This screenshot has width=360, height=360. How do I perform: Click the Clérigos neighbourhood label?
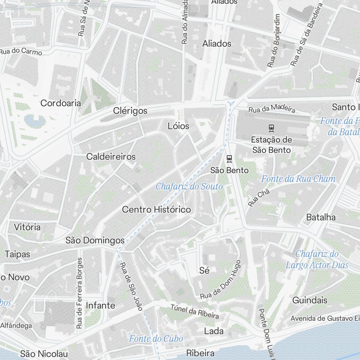point(130,111)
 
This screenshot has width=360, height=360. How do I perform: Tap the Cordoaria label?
point(60,103)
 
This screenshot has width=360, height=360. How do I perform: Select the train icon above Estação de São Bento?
point(271,128)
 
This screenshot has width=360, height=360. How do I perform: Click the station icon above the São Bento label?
point(229,158)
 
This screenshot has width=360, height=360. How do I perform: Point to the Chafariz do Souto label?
point(189,186)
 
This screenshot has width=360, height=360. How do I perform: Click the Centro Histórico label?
point(157,210)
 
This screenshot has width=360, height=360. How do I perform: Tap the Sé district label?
point(204,270)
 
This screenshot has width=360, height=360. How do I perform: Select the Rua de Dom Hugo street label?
point(220,280)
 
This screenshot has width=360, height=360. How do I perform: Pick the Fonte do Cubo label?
point(156,338)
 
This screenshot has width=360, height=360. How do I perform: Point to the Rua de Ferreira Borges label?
point(79,293)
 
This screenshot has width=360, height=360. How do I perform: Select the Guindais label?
point(310,300)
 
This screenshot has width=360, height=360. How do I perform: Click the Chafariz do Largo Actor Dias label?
point(317,260)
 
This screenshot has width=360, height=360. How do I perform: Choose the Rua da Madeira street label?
point(272,108)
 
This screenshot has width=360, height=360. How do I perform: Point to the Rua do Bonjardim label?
point(274,41)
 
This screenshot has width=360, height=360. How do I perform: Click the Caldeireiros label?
point(111,156)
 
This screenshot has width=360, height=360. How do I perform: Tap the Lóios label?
point(178,126)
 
